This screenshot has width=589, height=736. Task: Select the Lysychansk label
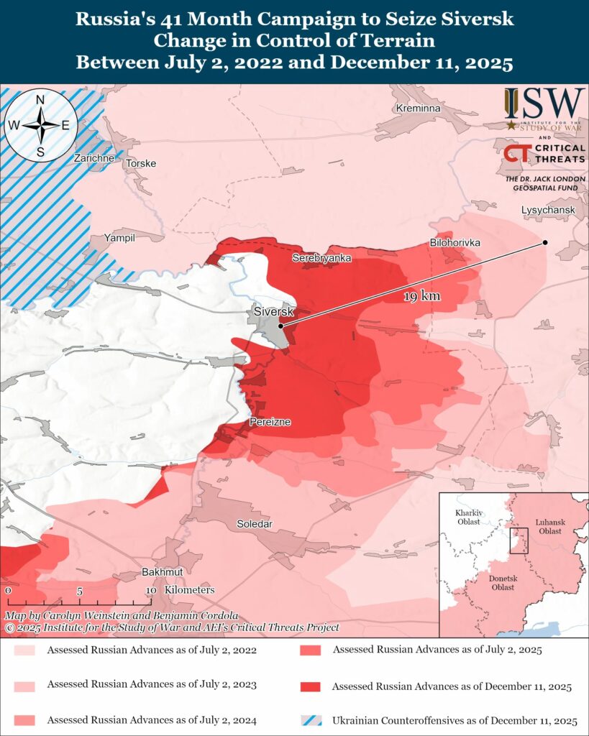[x=549, y=210]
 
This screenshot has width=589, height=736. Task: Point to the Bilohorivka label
[x=455, y=243]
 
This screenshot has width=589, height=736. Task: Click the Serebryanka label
[x=321, y=257]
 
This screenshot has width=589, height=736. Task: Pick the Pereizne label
[x=270, y=422]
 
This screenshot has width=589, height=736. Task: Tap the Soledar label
[x=255, y=525]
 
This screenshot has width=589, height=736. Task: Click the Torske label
[x=141, y=163]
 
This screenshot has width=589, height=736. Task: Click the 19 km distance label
[x=422, y=296]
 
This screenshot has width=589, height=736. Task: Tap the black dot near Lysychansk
[x=545, y=242]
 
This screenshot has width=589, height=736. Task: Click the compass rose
[x=41, y=125]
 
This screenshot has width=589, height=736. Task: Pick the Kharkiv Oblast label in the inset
[x=468, y=517]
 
